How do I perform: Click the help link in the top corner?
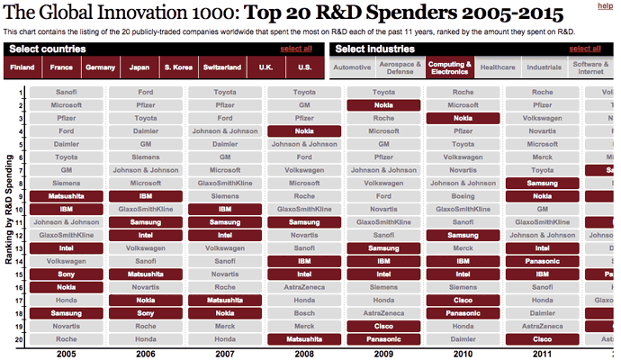coord(606,7)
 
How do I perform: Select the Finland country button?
coord(22,67)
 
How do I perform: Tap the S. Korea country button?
coord(177,67)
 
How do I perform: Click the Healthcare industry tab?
coord(498,67)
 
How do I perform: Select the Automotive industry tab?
coord(352,67)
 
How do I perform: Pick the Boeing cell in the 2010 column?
coord(463,196)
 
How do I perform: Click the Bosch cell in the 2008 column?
coord(304,313)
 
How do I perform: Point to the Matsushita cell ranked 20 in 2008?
coord(304,339)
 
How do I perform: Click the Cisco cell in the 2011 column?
coord(543,339)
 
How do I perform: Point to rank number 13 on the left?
coord(20,247)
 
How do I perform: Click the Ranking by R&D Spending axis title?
coord(7,216)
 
